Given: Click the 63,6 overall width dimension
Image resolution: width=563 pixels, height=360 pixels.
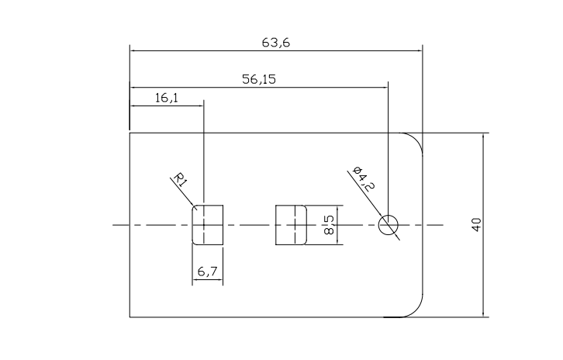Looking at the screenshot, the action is pyautogui.click(x=276, y=43).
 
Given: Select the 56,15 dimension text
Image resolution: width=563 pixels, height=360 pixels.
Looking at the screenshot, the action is pyautogui.click(x=259, y=79).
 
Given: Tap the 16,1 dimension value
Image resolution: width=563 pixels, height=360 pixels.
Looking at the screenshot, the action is pyautogui.click(x=166, y=98).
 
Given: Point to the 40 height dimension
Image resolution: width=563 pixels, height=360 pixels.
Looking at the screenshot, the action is pyautogui.click(x=476, y=224).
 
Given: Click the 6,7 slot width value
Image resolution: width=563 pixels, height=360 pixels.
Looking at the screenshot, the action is pyautogui.click(x=208, y=272).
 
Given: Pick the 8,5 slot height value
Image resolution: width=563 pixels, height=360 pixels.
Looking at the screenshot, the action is pyautogui.click(x=329, y=225).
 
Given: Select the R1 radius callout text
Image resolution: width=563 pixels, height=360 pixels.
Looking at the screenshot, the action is pyautogui.click(x=180, y=180).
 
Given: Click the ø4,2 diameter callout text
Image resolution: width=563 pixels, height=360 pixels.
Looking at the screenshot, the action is pyautogui.click(x=364, y=178).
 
